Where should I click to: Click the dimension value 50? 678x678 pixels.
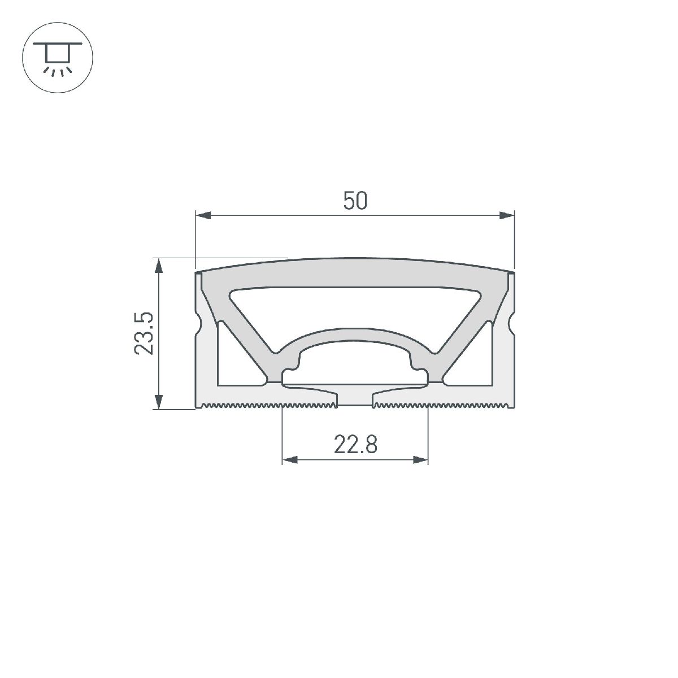click(x=355, y=201)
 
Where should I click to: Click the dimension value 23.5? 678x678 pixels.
click(x=144, y=333)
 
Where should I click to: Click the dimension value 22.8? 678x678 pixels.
click(x=355, y=445)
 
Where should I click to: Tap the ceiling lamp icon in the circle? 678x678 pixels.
click(x=57, y=57)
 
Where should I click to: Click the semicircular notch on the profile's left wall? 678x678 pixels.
click(x=199, y=324)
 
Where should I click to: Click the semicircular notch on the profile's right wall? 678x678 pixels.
click(x=511, y=324)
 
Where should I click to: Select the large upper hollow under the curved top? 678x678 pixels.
click(x=355, y=308)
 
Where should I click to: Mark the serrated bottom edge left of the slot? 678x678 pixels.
click(x=266, y=405)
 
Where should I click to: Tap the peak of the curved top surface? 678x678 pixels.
click(x=355, y=259)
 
